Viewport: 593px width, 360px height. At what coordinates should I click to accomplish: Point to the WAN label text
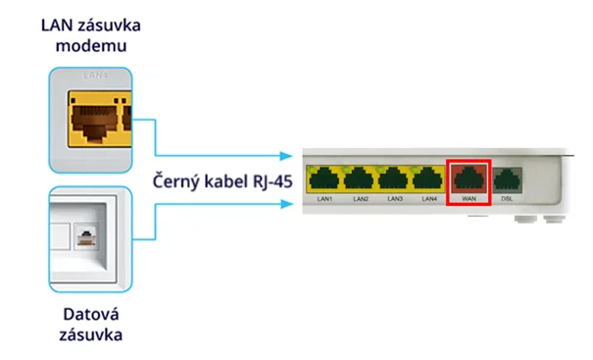tap(468, 199)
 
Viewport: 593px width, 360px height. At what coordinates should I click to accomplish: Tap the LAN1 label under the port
tap(323, 199)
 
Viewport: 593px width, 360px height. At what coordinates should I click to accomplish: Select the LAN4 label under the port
tap(427, 199)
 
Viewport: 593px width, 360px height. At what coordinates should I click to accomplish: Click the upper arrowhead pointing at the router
tap(286, 155)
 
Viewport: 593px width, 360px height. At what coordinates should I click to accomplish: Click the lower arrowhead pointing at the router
tap(286, 205)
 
